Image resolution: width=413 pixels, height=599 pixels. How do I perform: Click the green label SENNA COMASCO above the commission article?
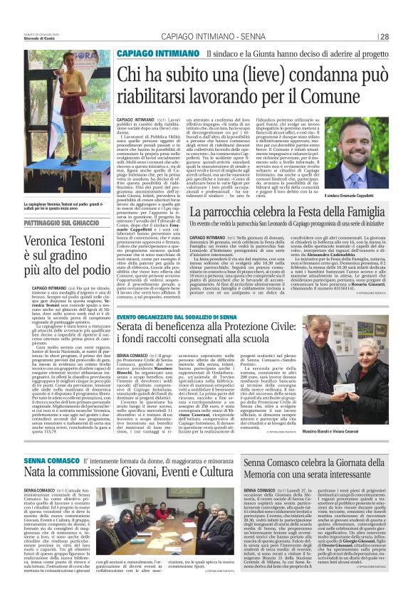[47, 459]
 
